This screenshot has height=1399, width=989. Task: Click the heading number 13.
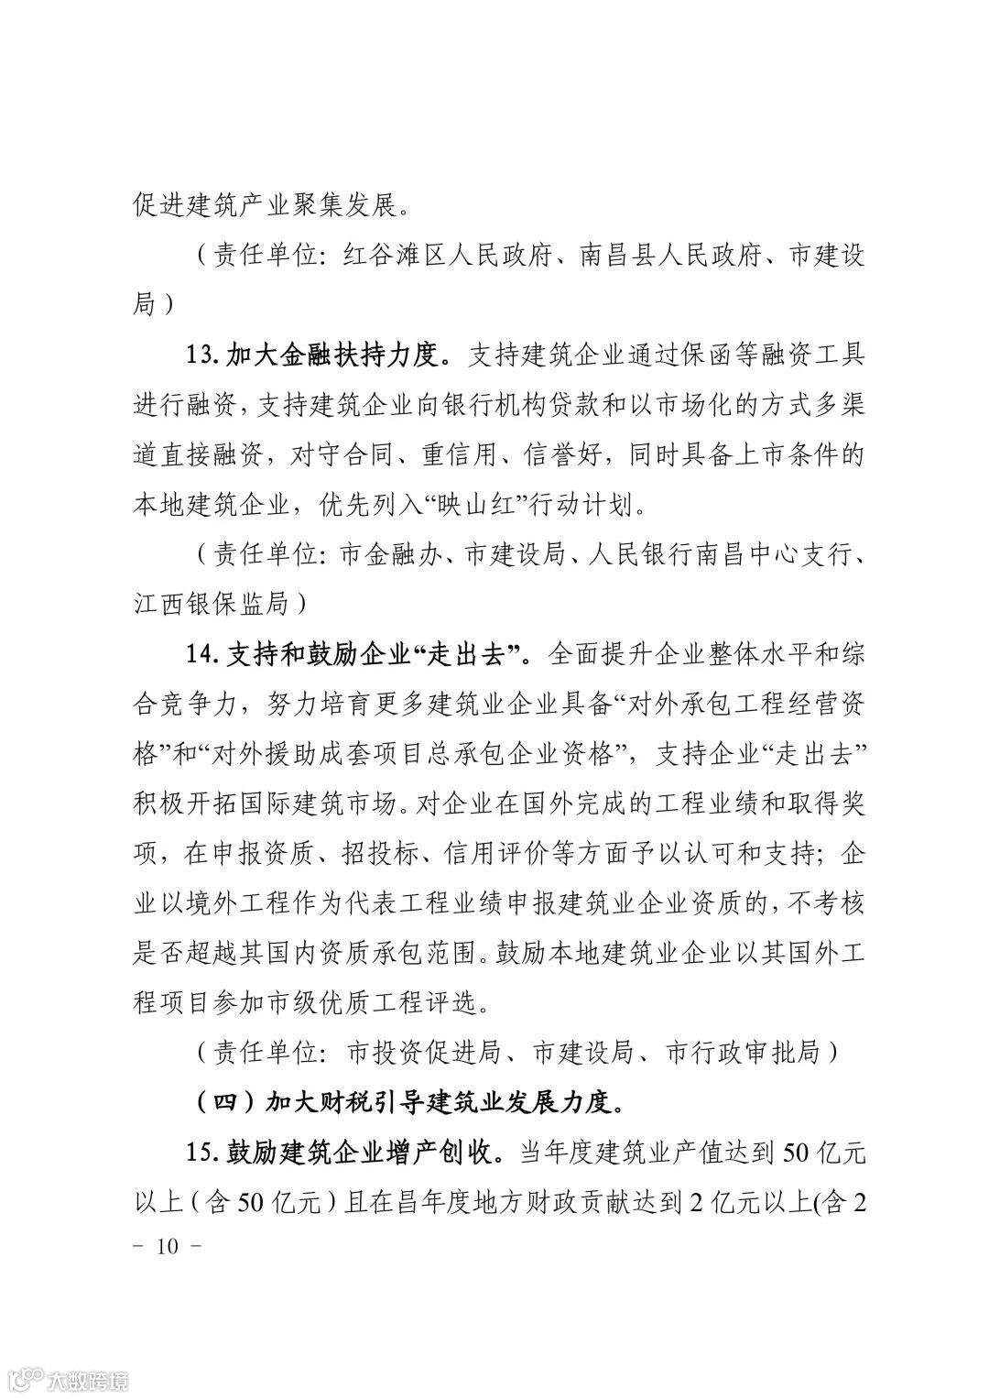point(202,355)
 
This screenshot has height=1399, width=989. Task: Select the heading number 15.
point(202,1152)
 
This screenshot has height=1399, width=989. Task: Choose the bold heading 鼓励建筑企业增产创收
point(363,1152)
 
